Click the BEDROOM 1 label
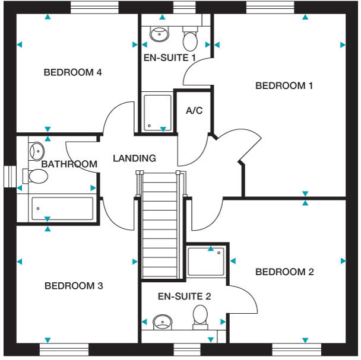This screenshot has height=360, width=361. click(284, 86)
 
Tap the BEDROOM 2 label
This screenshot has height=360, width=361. click(284, 272)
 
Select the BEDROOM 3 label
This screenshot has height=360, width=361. click(74, 286)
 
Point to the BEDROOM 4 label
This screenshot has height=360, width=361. click(73, 73)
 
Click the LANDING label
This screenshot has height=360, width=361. click(134, 158)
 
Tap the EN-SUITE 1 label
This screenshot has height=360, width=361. click(170, 58)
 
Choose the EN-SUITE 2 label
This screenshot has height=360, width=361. click(184, 296)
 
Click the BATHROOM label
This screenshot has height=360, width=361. click(69, 164)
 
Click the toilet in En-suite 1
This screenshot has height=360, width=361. click(190, 40)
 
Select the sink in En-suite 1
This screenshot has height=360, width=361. click(159, 34)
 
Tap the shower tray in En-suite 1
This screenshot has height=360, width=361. click(157, 113)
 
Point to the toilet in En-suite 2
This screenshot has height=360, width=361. click(199, 317)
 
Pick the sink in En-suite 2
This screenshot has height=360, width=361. click(162, 323)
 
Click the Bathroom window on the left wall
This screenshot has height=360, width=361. click(9, 176)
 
